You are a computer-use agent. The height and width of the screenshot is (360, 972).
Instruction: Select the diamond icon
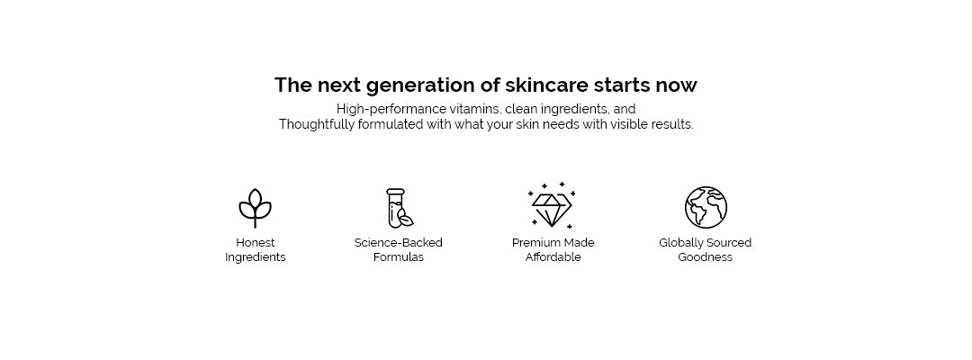pos(551,206)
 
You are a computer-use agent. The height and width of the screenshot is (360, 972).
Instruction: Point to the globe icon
pos(706,208)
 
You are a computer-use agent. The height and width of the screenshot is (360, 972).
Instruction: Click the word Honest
pos(256,243)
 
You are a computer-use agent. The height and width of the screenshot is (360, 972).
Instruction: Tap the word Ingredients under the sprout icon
pos(256,257)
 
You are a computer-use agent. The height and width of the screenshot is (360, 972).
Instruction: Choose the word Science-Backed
pos(399,243)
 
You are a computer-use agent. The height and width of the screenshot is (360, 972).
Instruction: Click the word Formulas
pos(399,257)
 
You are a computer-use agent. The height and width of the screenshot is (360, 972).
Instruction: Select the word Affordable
pos(553,257)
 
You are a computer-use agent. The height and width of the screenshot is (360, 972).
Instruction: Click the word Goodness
pos(706,257)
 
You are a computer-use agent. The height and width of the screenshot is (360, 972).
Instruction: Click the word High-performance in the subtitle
pos(391,110)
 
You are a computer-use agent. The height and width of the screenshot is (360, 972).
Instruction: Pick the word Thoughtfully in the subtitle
pos(317,124)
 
